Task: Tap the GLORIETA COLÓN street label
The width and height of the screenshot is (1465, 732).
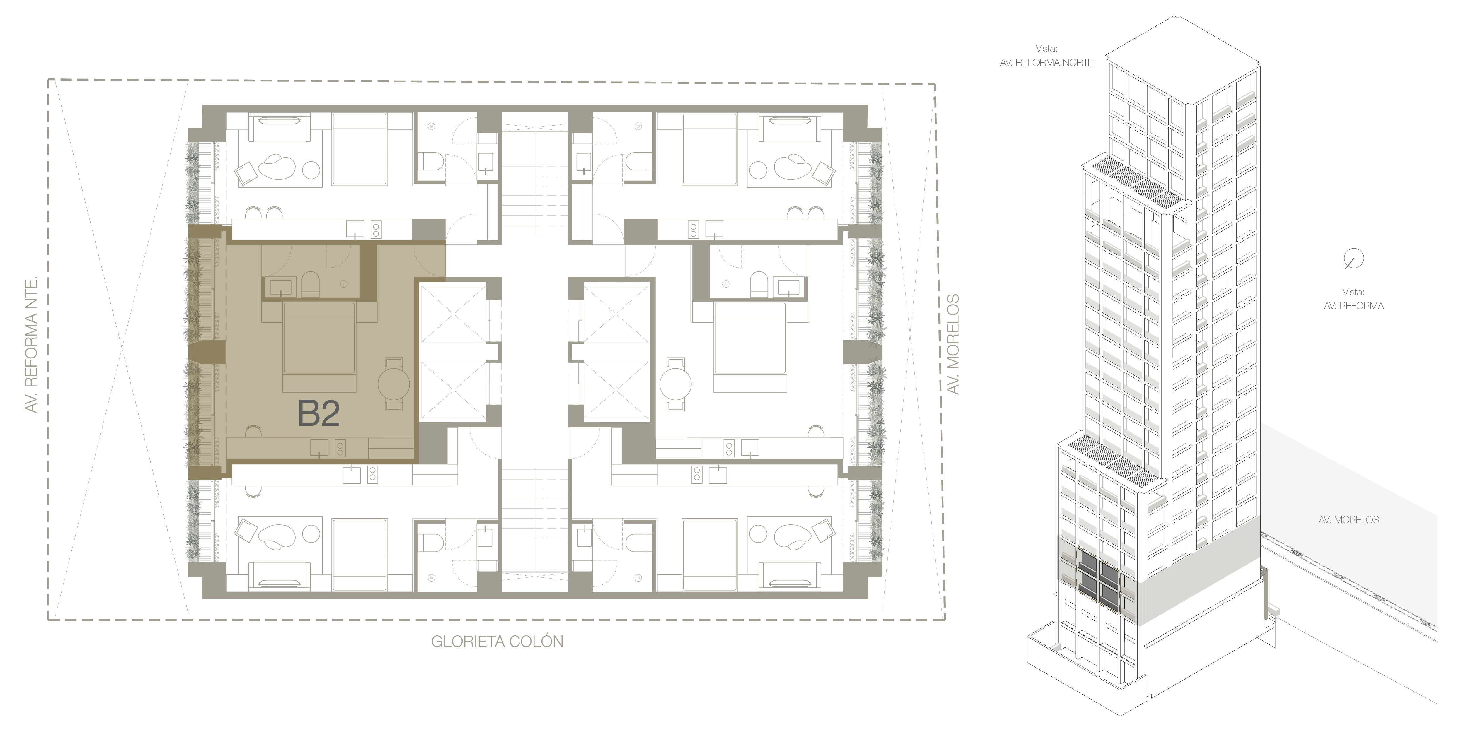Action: pos(497,642)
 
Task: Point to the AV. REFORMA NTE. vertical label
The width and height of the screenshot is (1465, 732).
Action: pos(32,344)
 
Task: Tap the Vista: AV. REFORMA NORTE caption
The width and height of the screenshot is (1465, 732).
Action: pos(1046,56)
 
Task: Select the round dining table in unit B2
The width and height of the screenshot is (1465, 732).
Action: pos(393,384)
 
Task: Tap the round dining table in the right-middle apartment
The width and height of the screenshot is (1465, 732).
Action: pos(676,384)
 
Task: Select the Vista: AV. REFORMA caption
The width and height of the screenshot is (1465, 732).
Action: pos(1354,299)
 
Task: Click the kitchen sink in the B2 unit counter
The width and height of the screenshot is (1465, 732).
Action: pos(319,448)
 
